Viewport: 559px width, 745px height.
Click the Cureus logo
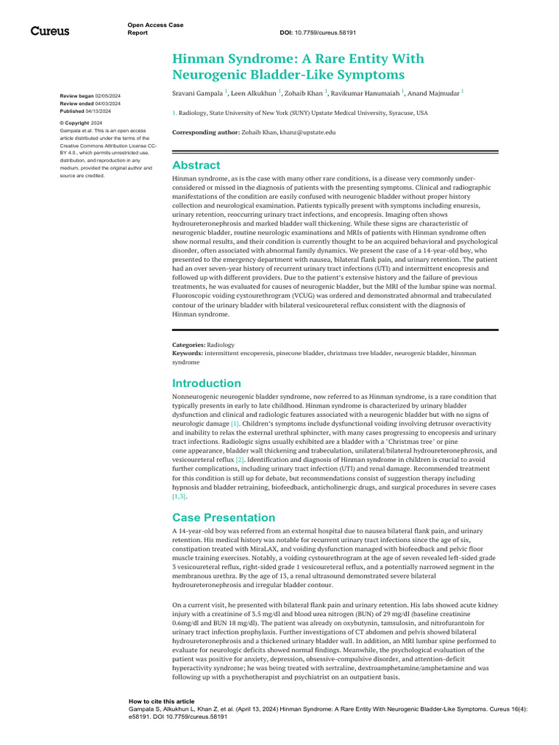pos(49,31)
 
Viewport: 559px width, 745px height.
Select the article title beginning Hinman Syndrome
pos(298,66)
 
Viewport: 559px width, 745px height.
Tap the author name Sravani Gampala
pos(197,93)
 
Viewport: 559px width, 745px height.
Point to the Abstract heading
pos(196,165)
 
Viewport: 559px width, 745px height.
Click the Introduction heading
pos(206,383)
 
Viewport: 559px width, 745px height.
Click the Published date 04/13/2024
pos(86,111)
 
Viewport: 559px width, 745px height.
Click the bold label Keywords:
pos(188,353)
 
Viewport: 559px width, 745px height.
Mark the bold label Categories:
pos(189,345)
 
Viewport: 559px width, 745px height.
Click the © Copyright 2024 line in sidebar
pos(80,124)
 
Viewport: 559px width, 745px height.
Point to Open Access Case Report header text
pos(155,29)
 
